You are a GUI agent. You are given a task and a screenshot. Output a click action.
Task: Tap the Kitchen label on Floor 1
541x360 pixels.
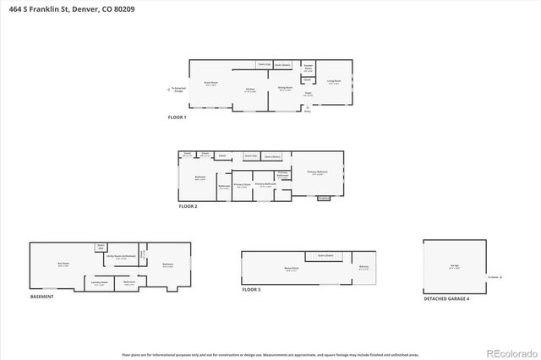click(250, 90)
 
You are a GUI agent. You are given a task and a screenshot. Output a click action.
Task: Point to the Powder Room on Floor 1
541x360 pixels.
click(309, 68)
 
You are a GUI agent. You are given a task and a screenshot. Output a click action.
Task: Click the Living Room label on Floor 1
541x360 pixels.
click(333, 82)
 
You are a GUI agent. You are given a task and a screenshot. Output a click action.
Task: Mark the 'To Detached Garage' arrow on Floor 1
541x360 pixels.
click(175, 89)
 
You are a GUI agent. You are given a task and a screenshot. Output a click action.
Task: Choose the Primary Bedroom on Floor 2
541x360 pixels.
click(318, 172)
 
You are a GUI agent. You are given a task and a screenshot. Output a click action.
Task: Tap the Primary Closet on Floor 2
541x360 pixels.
click(241, 185)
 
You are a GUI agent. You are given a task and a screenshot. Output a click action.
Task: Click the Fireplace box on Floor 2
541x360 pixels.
click(323, 199)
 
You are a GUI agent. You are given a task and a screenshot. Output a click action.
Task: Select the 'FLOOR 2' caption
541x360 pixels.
click(188, 206)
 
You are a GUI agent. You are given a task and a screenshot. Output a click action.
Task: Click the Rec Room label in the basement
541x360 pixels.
click(63, 265)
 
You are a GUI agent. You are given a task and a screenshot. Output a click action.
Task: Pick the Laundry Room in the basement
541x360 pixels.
click(100, 283)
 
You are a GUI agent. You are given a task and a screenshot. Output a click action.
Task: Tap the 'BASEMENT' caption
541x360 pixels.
click(41, 297)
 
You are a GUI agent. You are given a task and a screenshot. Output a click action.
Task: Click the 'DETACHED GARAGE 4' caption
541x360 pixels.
click(446, 298)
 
